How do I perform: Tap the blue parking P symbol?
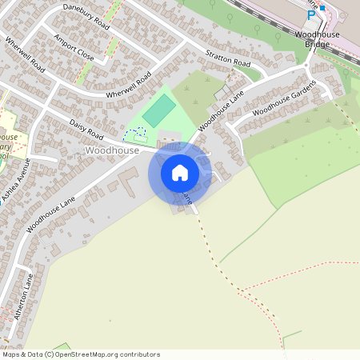311,14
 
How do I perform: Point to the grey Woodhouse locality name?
111,150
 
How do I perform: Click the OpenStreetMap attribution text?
80,354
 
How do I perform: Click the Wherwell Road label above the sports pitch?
128,86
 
